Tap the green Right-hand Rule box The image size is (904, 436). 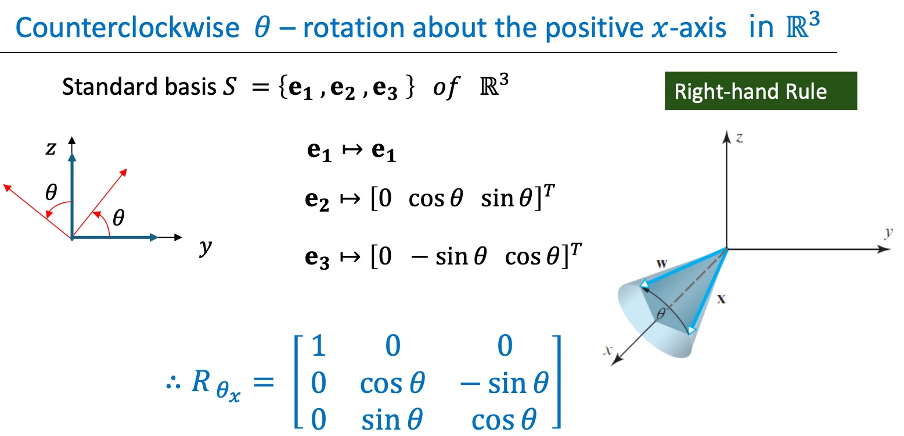click(761, 91)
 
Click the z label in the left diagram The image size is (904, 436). click(51, 148)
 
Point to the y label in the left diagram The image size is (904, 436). click(206, 246)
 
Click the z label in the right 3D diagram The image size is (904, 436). click(739, 138)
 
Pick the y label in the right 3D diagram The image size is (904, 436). click(889, 233)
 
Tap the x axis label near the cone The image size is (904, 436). click(608, 350)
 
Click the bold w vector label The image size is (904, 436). click(661, 264)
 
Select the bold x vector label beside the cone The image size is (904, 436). click(721, 299)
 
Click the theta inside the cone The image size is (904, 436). click(661, 313)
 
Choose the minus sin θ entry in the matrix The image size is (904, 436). click(505, 383)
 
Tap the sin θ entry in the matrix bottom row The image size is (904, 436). click(392, 420)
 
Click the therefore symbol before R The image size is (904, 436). click(174, 383)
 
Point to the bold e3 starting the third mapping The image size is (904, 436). click(317, 258)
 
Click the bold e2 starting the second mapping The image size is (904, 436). click(317, 200)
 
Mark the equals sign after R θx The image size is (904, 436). click(264, 382)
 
